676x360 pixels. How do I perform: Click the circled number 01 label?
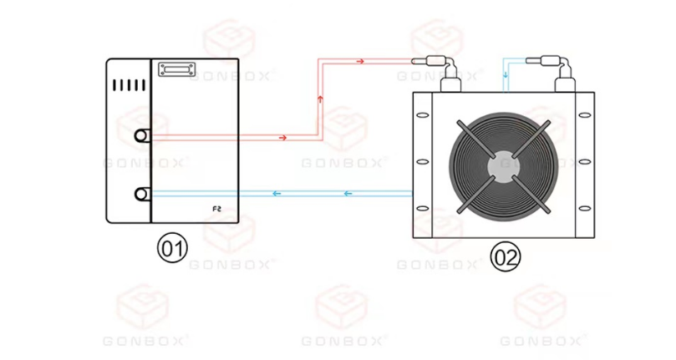click(172, 248)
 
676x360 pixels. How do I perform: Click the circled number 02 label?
click(506, 257)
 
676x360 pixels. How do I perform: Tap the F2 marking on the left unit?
click(217, 209)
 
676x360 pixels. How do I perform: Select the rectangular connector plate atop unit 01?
click(177, 69)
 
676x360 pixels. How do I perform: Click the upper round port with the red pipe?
click(141, 136)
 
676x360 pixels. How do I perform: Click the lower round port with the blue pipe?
click(141, 194)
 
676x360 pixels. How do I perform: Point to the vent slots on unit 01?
click(129, 85)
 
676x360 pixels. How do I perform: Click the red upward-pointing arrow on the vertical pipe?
click(320, 99)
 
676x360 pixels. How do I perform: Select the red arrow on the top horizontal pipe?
click(360, 62)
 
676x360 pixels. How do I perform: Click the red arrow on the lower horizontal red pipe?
click(282, 138)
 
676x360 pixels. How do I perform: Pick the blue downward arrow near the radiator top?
click(506, 75)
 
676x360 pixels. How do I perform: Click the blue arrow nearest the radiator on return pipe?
click(348, 194)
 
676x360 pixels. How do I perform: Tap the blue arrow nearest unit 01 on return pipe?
click(277, 194)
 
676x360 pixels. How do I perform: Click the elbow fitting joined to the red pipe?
click(436, 74)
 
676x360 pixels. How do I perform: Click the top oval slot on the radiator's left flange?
click(423, 115)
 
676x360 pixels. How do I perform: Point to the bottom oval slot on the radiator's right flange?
click(585, 209)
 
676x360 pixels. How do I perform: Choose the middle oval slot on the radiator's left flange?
click(423, 162)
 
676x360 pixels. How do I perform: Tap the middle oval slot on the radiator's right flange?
click(585, 162)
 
